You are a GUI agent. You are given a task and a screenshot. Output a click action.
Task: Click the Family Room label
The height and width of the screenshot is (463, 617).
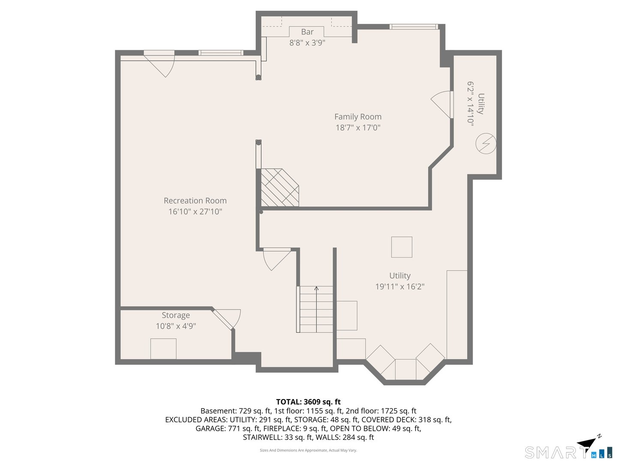[357, 117]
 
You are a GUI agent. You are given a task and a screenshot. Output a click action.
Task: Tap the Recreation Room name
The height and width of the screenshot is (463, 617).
[195, 201]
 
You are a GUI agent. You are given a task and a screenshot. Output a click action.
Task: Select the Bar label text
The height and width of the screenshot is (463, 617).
[307, 32]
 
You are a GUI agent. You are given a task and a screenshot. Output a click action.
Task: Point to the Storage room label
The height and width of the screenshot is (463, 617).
[176, 315]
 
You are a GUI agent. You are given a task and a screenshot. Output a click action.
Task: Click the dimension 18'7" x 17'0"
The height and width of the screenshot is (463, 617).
[358, 128]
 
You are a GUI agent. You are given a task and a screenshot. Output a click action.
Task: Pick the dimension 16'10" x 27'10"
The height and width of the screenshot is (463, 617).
[195, 211]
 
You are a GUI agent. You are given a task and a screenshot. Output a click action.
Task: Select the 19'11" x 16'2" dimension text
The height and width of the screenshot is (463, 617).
[400, 286]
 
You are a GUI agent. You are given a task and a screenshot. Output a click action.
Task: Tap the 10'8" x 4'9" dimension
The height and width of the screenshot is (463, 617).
[176, 326]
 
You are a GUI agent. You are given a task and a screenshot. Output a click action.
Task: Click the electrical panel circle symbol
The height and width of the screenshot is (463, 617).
[486, 143]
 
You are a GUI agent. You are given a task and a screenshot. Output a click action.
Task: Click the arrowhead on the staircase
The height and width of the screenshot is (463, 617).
[316, 288]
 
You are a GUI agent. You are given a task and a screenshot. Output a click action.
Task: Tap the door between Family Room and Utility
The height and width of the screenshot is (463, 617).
[442, 104]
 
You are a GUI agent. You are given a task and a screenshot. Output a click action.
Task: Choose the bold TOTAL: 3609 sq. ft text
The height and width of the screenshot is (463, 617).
[308, 402]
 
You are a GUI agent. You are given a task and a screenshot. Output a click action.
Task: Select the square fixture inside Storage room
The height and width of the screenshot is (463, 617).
[163, 349]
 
